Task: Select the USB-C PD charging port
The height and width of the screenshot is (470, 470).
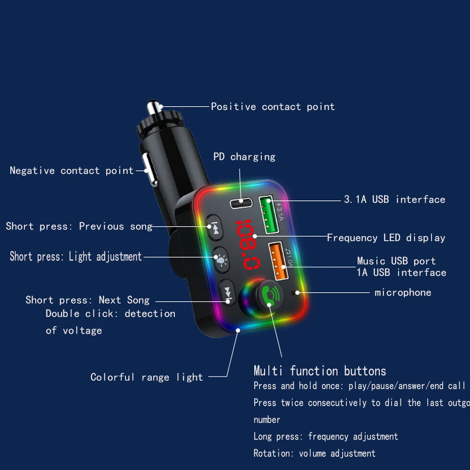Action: [x=242, y=203]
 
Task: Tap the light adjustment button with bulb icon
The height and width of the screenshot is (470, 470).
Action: [x=220, y=258]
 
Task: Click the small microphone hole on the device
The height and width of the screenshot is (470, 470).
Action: [x=295, y=293]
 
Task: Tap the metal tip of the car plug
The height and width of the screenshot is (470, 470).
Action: [x=154, y=107]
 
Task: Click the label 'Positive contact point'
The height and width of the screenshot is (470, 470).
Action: [x=273, y=107]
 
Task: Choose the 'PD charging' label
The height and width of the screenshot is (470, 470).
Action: [x=244, y=157]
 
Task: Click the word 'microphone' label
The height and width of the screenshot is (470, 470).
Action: [x=403, y=292]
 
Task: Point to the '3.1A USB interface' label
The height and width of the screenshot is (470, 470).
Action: [x=394, y=199]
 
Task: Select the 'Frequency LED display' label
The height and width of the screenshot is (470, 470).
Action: [x=386, y=238]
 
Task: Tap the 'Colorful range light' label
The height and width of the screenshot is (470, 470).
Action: [x=147, y=377]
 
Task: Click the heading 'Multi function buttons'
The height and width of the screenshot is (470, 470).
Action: [x=320, y=371]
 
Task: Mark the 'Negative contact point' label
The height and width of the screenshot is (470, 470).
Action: [x=72, y=171]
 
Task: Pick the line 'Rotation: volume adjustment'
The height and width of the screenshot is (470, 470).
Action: [x=314, y=454]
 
